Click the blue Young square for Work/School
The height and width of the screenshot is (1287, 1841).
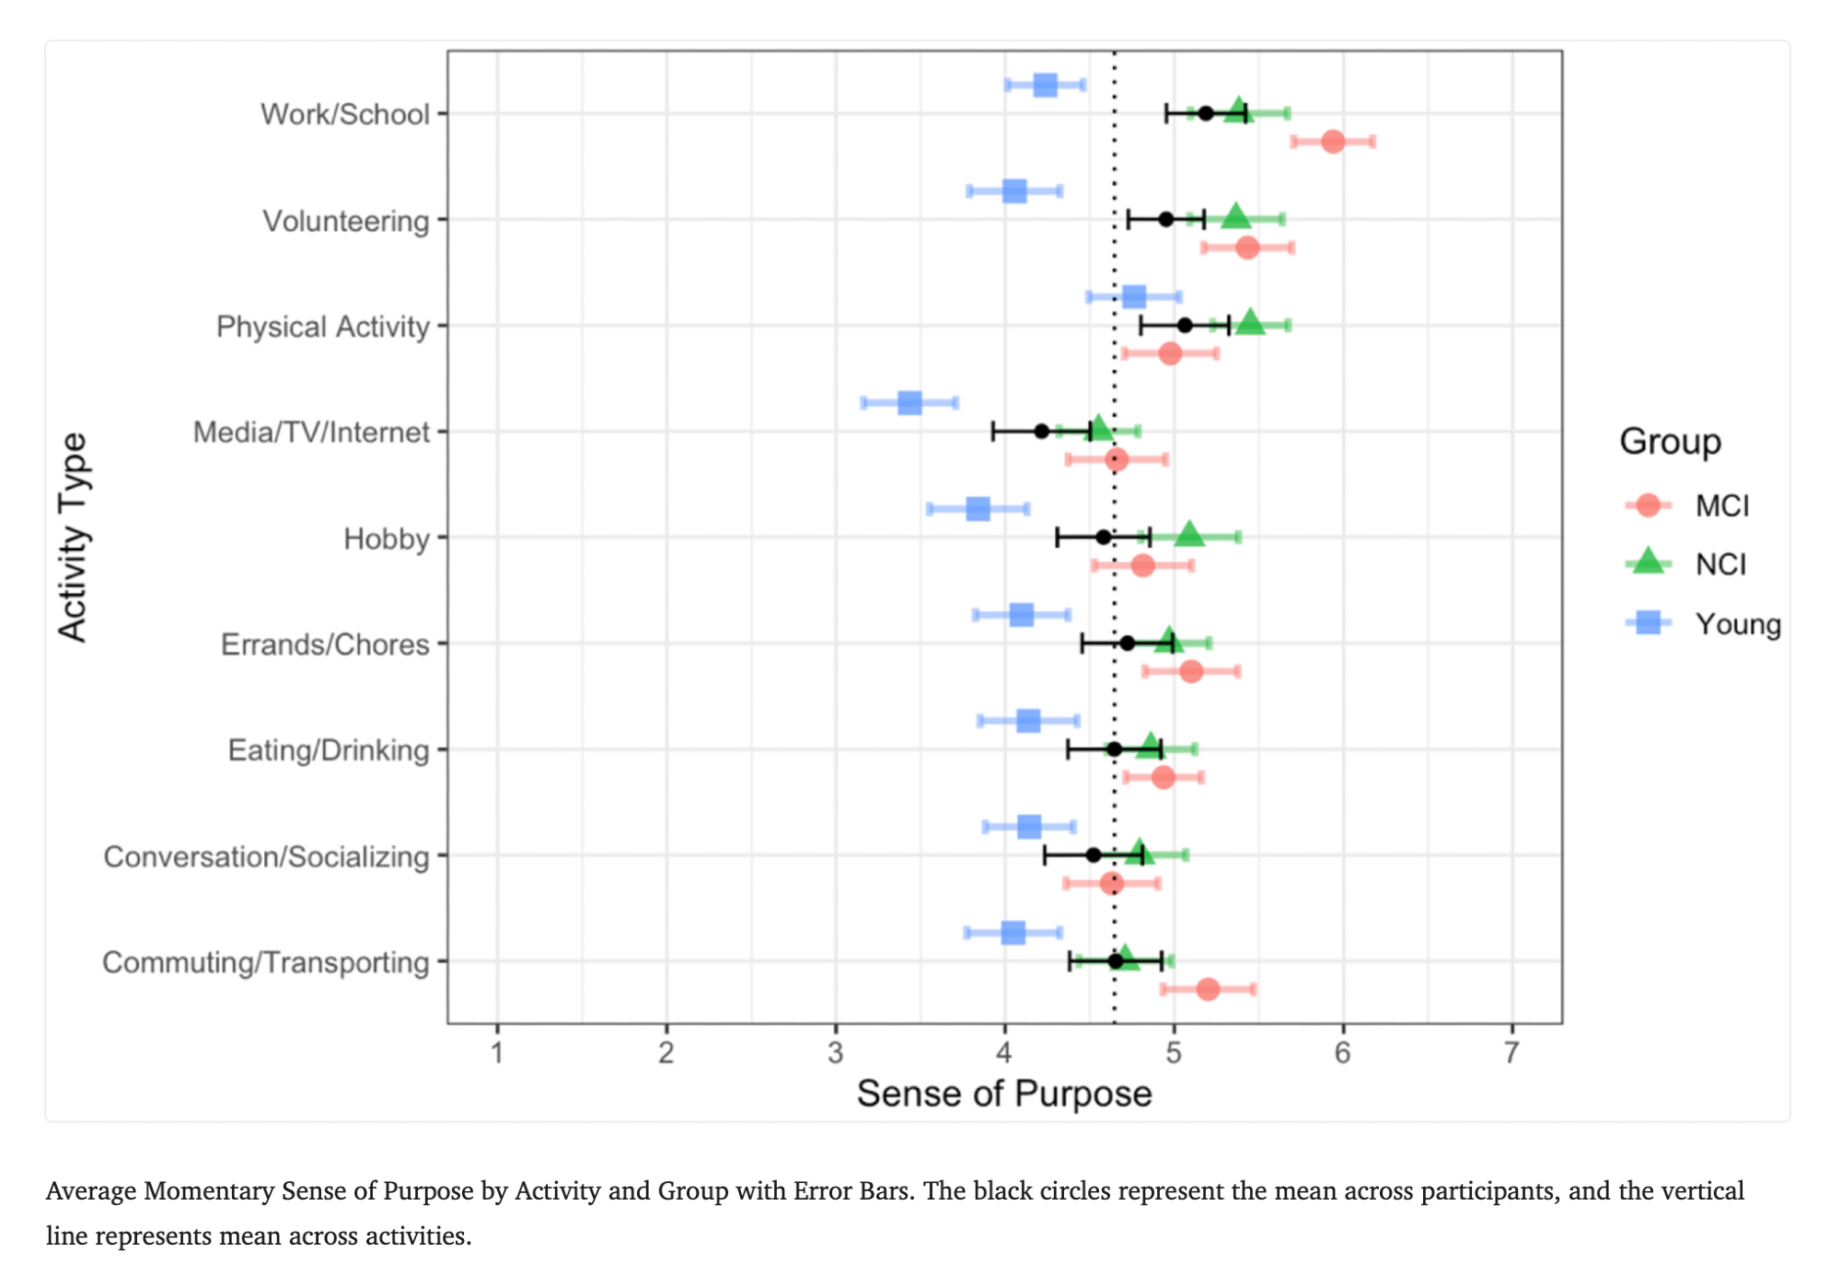tap(1045, 86)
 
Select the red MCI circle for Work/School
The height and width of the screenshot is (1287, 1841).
tap(1332, 142)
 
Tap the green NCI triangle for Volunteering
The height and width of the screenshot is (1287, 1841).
tap(1235, 217)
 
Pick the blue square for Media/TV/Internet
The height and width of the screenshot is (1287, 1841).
tap(909, 403)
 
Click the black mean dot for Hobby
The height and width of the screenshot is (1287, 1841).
tap(1103, 537)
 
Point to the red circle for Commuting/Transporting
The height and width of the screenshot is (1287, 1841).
tap(1208, 990)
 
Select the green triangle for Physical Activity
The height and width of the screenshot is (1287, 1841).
tap(1250, 323)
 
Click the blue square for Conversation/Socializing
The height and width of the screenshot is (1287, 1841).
tap(1029, 827)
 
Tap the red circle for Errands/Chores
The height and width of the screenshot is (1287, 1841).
tap(1191, 671)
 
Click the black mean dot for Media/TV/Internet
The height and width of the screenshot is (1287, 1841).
tap(1041, 431)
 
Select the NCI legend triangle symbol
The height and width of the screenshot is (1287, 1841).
tap(1648, 562)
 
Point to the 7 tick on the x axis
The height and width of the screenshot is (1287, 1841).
tap(1511, 1052)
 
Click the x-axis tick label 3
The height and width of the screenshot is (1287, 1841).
tap(835, 1052)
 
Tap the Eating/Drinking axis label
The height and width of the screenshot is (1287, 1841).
tap(329, 750)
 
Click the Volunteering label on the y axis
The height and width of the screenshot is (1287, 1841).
tap(346, 221)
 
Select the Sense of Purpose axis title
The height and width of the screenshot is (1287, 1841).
tap(1004, 1094)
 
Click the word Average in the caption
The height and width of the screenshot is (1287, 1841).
tap(91, 1191)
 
